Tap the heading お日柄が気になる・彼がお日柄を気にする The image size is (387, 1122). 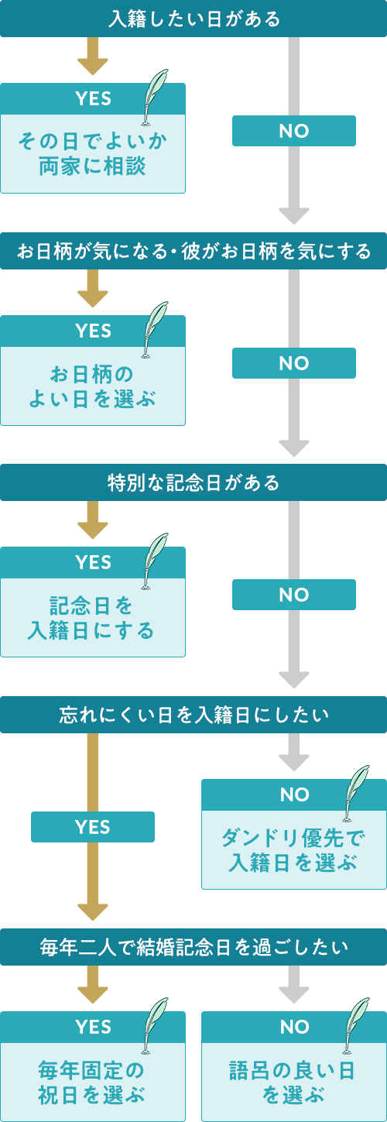(x=193, y=251)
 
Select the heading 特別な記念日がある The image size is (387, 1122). (x=193, y=482)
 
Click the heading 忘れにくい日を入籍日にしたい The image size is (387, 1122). (x=193, y=715)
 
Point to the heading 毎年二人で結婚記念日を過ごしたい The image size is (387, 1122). (x=193, y=946)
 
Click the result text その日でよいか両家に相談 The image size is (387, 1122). (x=93, y=153)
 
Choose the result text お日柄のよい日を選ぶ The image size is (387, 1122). (x=93, y=386)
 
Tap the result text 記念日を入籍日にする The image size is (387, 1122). (x=93, y=618)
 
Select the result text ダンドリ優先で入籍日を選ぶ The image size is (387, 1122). (x=294, y=849)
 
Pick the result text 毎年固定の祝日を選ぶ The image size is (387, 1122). (x=93, y=1082)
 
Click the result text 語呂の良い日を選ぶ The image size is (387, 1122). (x=294, y=1082)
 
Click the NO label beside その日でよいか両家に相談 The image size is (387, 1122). (x=294, y=131)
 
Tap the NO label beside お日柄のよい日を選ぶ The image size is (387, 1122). (x=294, y=363)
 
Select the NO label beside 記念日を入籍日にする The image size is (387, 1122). (x=294, y=595)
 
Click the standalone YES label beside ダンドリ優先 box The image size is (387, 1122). (x=93, y=827)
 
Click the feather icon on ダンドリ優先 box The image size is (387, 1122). (x=357, y=793)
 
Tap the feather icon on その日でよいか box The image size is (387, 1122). (x=156, y=97)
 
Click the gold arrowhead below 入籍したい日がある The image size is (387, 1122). (x=93, y=66)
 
